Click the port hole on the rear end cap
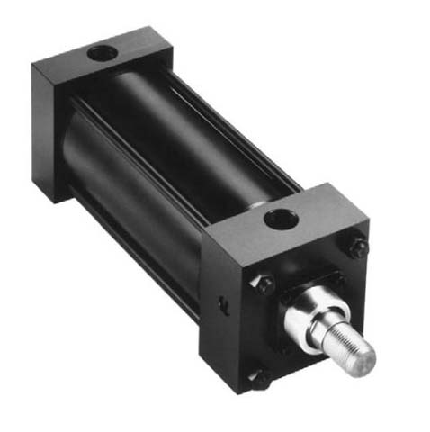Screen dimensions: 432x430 [x=103, y=53]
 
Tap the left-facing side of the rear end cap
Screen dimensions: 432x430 [x=47, y=130]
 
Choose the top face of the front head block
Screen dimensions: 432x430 [x=288, y=220]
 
